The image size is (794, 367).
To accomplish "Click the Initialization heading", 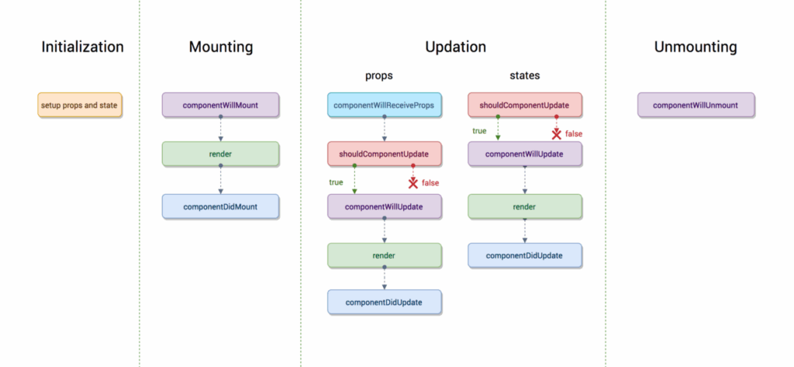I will click(x=82, y=47).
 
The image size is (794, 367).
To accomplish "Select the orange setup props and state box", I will click(x=80, y=105).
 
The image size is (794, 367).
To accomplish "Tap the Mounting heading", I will click(x=220, y=47).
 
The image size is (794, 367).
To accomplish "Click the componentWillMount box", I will click(x=220, y=105).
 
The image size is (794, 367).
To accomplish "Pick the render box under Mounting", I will click(x=220, y=154).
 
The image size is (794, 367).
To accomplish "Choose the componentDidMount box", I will click(x=220, y=206).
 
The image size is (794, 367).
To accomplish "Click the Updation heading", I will click(x=455, y=47).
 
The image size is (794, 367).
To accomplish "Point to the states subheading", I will click(x=525, y=76).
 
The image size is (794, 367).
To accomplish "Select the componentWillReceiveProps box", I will click(x=385, y=105).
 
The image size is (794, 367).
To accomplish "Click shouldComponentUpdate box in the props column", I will click(x=385, y=154).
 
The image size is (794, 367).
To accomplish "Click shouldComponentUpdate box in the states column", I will click(x=525, y=105).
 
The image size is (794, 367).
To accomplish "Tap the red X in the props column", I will click(x=413, y=183).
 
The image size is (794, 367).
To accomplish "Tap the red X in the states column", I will click(x=556, y=133).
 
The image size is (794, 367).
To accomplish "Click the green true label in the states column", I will click(x=479, y=131).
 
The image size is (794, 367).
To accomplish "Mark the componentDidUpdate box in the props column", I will click(x=385, y=302).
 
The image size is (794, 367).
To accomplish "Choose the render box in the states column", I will click(x=525, y=207).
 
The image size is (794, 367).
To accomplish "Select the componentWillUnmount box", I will click(x=696, y=105).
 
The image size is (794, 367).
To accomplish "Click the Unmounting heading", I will click(x=696, y=47).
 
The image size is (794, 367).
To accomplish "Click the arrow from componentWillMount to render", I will click(x=220, y=130).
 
